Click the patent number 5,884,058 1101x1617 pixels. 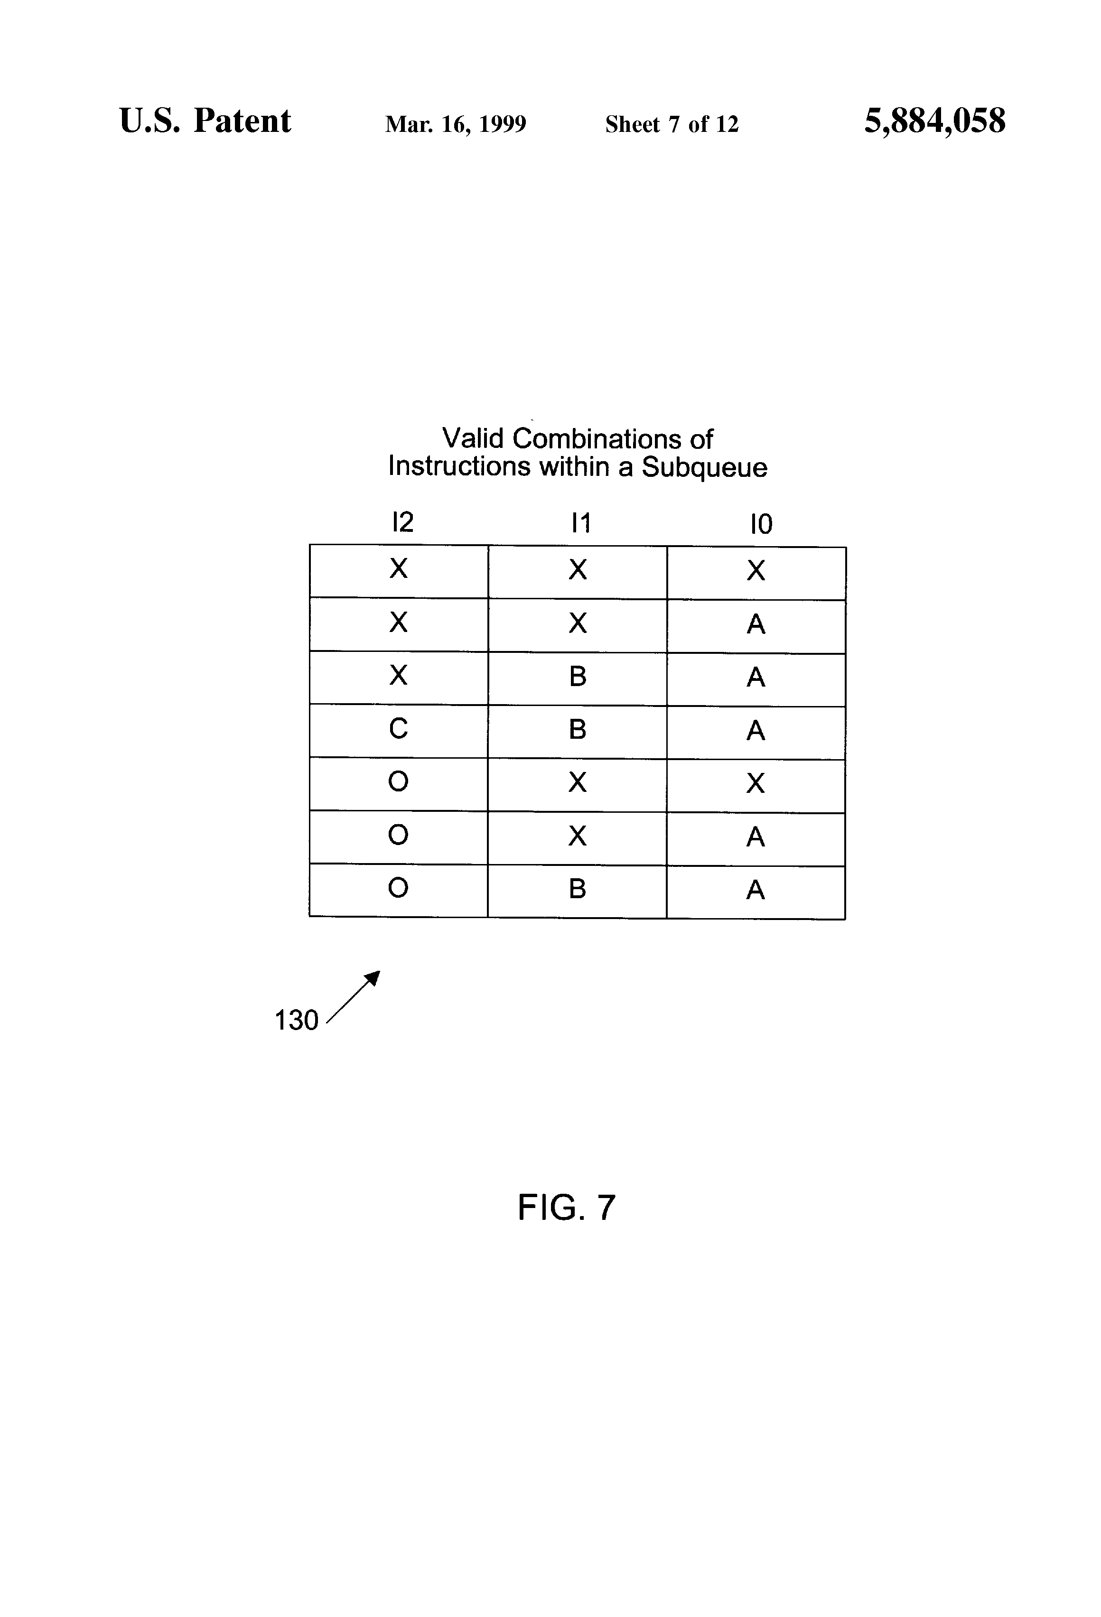point(935,121)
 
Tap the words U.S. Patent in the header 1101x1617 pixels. point(205,121)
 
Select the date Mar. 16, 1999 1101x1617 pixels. point(456,124)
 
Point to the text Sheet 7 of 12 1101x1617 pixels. point(672,124)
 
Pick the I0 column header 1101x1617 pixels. point(761,524)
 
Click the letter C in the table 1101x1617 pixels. point(398,728)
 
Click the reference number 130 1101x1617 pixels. point(297,1020)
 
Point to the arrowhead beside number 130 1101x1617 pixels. point(374,977)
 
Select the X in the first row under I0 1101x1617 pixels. point(756,570)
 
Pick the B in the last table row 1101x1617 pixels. point(578,889)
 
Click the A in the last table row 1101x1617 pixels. point(756,890)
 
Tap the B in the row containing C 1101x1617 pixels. point(578,729)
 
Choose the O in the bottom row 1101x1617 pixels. point(398,887)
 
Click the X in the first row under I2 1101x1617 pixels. point(398,568)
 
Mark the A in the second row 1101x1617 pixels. point(756,624)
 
